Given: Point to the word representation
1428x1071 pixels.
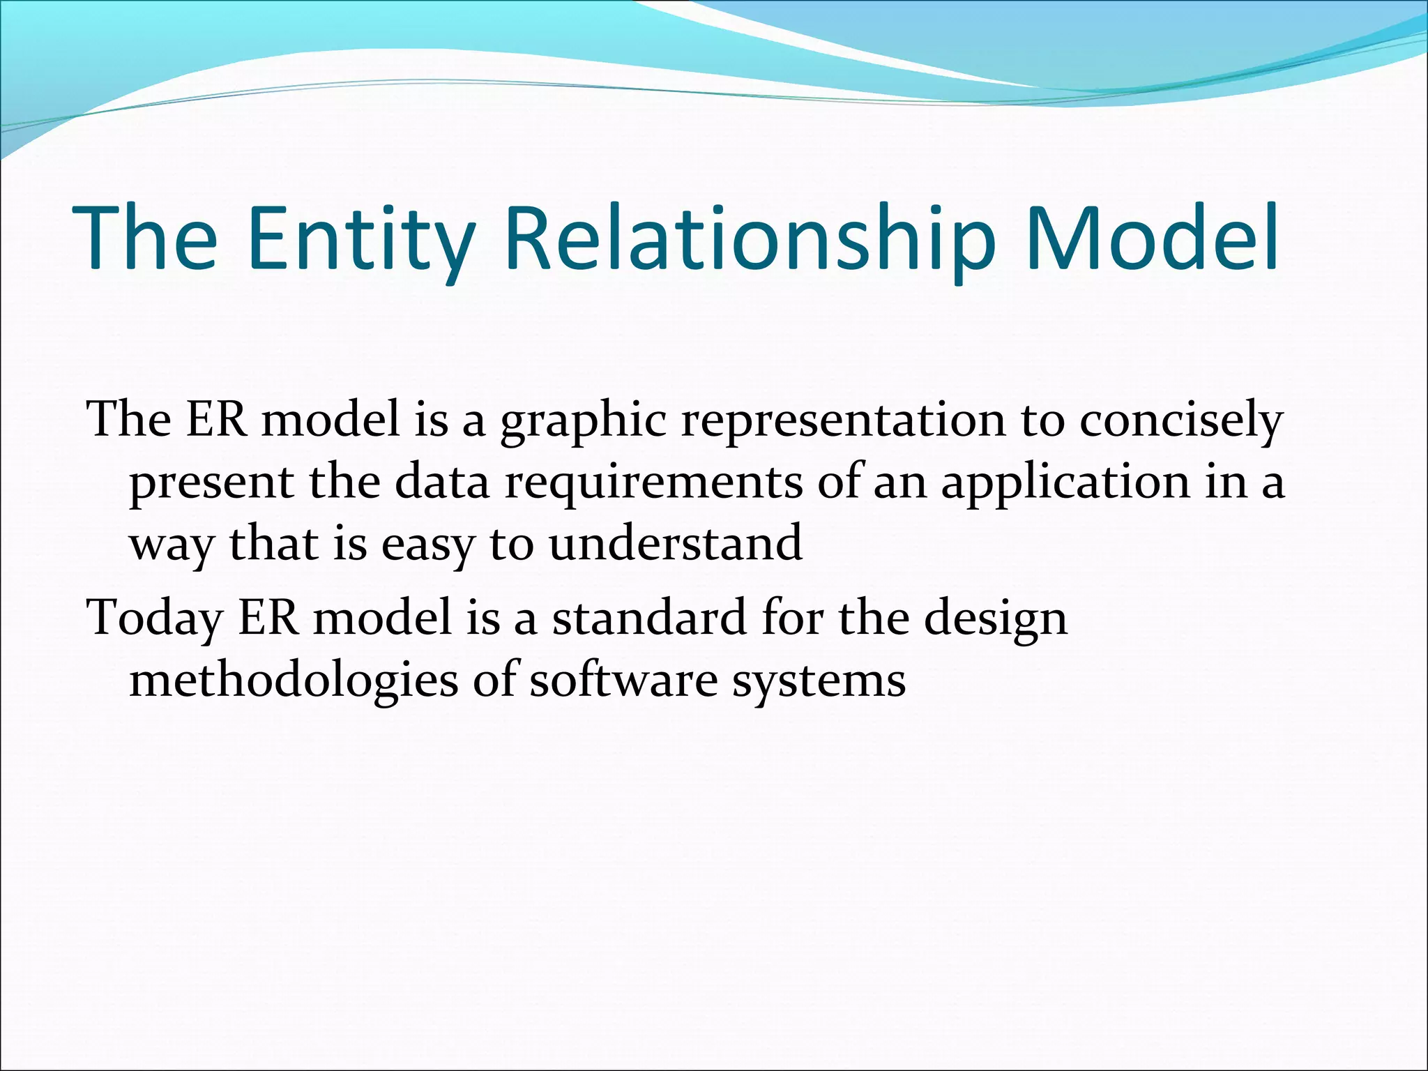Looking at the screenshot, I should pos(843,420).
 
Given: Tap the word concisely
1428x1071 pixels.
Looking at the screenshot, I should pos(1180,422).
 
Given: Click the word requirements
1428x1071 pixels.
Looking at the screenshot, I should pos(653,484).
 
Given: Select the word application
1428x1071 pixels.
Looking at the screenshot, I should pos(1065,484).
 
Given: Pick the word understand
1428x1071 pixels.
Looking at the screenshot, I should pos(675,544).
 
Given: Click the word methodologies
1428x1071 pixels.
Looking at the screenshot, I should pos(294,681).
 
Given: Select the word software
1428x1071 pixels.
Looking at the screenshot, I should pos(623,679).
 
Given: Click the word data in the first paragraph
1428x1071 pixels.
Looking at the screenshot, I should pos(442,483).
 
